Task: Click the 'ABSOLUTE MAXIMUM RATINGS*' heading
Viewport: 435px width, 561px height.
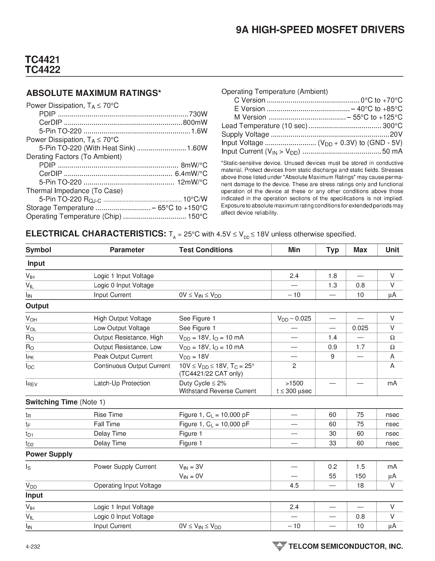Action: [x=94, y=93]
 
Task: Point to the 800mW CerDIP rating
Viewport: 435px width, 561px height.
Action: [x=195, y=123]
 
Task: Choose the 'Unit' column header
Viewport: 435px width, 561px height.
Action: [x=392, y=250]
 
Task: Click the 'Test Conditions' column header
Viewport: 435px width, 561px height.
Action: [x=206, y=250]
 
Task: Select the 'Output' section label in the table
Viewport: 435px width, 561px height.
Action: [x=37, y=306]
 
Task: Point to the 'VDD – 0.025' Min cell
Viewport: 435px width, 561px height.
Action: [x=294, y=318]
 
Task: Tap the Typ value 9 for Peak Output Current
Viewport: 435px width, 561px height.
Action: [x=332, y=356]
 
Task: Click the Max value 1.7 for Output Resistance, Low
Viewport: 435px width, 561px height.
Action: [x=360, y=347]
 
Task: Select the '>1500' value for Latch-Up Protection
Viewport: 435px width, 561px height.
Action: [x=294, y=383]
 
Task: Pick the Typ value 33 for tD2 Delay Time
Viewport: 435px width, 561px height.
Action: [x=332, y=443]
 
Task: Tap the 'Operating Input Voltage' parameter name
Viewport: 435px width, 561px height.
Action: [x=127, y=486]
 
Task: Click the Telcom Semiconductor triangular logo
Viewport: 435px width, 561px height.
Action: [x=279, y=546]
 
